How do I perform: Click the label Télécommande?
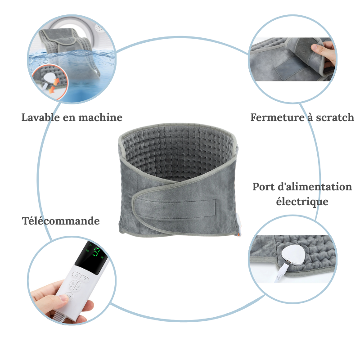61,221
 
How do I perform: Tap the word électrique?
302,201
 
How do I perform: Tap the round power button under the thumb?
68,296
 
